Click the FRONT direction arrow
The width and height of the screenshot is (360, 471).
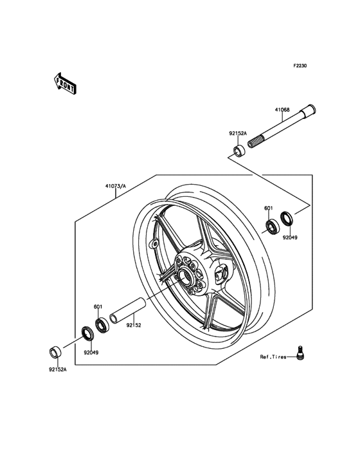click(x=65, y=84)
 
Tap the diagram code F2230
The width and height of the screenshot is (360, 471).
click(x=300, y=66)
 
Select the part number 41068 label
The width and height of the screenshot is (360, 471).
click(x=282, y=110)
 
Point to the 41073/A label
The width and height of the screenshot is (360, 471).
click(x=116, y=186)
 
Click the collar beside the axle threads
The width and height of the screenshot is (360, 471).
click(x=239, y=151)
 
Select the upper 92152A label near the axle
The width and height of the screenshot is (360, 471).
click(x=238, y=133)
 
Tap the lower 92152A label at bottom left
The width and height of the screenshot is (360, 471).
click(x=58, y=369)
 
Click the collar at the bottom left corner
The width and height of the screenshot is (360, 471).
click(x=54, y=353)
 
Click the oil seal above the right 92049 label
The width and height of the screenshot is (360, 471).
click(x=287, y=219)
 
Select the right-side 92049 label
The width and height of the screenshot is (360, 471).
click(x=289, y=237)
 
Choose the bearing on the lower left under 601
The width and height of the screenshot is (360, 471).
click(x=102, y=325)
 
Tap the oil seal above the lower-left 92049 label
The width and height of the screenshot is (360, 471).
click(x=88, y=333)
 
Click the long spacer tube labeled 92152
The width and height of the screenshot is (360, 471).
click(x=128, y=311)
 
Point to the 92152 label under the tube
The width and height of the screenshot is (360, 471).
click(x=134, y=325)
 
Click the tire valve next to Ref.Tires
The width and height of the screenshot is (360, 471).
click(x=298, y=352)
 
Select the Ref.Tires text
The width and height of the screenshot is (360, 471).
click(x=273, y=357)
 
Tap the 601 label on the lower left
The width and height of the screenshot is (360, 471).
click(x=98, y=307)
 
